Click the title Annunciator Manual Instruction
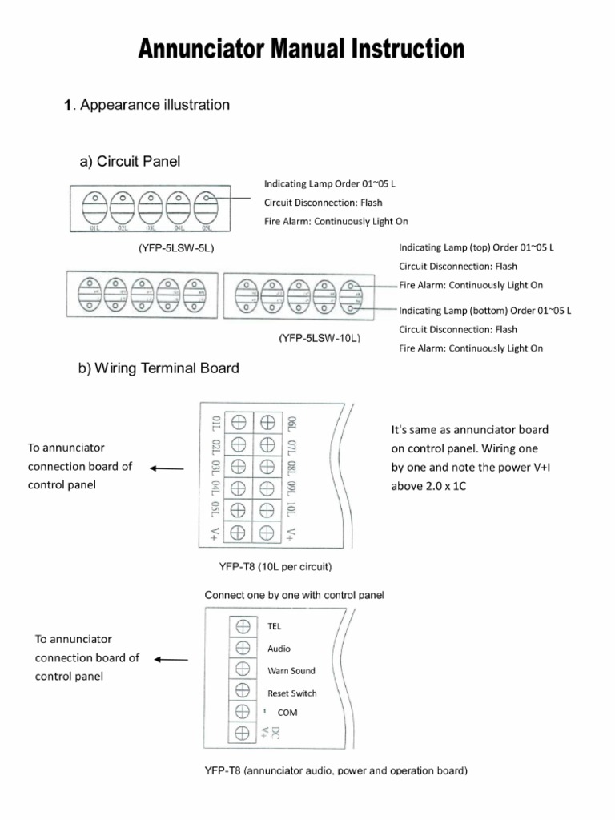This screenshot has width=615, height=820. (301, 50)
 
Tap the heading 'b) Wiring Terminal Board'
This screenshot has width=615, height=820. (159, 368)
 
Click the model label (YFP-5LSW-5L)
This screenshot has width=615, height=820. (176, 247)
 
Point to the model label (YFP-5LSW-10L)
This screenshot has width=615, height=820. (320, 338)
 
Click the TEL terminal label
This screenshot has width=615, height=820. (275, 626)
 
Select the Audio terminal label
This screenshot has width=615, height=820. (279, 649)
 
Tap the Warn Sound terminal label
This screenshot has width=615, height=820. (291, 671)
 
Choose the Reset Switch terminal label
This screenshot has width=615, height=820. (291, 693)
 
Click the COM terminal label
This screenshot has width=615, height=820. (287, 712)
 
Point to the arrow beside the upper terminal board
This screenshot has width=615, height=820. (167, 470)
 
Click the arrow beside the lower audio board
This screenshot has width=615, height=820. (171, 660)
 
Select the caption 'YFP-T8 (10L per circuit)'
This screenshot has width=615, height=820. (275, 567)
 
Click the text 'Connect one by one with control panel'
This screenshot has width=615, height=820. (294, 595)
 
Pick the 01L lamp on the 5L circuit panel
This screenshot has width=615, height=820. (95, 209)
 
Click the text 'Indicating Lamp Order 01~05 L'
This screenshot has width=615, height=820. (329, 183)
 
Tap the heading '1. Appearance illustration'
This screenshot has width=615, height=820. (147, 105)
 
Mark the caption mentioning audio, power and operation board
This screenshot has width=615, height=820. (336, 771)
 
